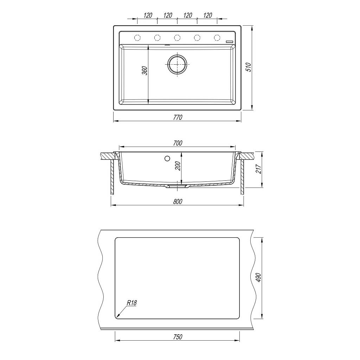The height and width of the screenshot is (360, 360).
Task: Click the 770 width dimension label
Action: coord(178,117)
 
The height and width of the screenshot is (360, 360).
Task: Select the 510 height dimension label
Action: coord(249,67)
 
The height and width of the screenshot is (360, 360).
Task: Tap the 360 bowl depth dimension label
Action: coord(144,71)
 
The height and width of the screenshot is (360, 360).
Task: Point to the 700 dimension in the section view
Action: coord(178,143)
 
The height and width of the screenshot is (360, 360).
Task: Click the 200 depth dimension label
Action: coord(178,166)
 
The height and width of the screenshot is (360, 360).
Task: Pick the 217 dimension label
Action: coord(258,169)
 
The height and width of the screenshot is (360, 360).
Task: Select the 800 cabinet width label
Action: coord(178,201)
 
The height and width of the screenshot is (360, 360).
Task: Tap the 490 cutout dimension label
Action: coord(258,278)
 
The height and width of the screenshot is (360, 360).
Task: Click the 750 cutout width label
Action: coord(178,337)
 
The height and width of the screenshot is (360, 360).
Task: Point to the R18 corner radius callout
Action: coord(132,303)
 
